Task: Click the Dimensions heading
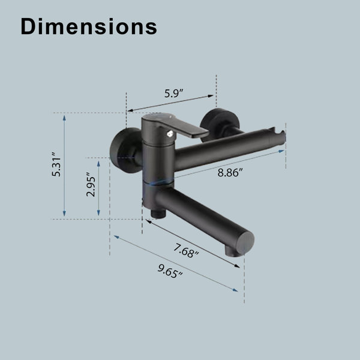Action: tap(89, 26)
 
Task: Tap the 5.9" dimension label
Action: tap(174, 93)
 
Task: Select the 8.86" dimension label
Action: tap(230, 172)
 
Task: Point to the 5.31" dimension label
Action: tap(56, 164)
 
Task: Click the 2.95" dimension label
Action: tap(91, 184)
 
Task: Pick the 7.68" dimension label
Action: tap(186, 251)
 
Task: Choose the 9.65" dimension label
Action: tap(170, 271)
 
